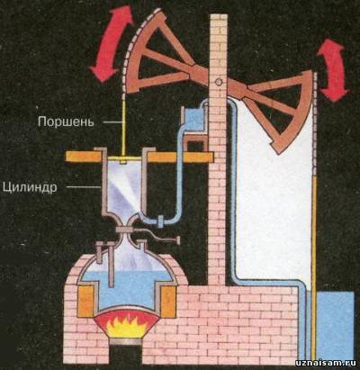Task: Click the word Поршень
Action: point(66,122)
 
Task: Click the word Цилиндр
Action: point(30,186)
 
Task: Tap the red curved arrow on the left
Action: point(111,45)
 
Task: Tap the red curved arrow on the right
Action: point(333,70)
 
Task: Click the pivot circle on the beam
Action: point(219,81)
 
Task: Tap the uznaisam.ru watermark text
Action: point(326,363)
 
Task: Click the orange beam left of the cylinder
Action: point(85,156)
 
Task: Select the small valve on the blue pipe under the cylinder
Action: point(160,221)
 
